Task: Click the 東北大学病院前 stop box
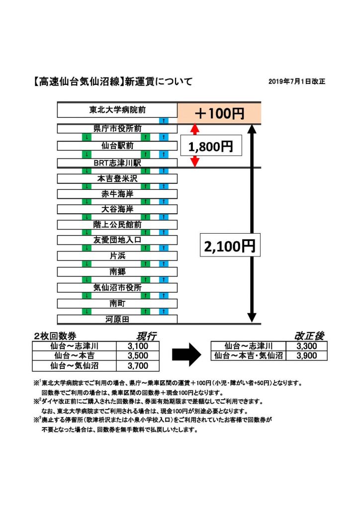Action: tap(117, 109)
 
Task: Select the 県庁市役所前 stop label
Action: tap(117, 128)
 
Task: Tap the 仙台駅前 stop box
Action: tap(117, 146)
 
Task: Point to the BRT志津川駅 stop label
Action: tap(117, 163)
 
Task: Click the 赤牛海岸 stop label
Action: tap(117, 194)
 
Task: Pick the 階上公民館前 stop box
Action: tap(117, 225)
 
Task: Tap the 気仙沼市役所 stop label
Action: tap(117, 287)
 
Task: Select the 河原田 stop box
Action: tap(117, 319)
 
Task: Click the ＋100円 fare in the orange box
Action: tap(219, 114)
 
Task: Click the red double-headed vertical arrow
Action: tap(195, 145)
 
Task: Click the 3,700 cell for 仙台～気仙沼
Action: tap(138, 366)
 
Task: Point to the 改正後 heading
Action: tap(309, 336)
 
